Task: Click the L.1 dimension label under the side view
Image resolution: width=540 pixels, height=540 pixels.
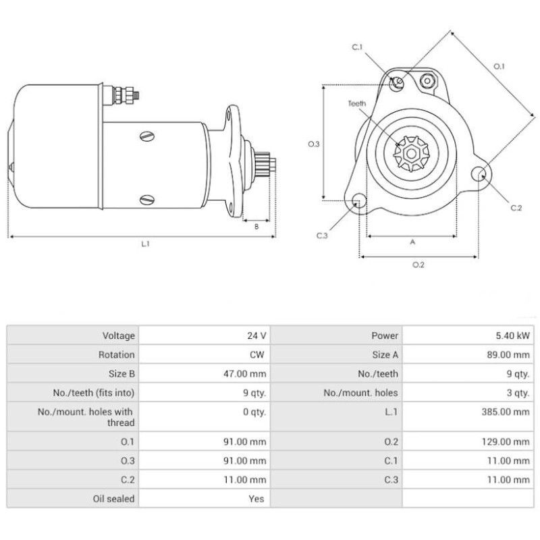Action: [x=145, y=244]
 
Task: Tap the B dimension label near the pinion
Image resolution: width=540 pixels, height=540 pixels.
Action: [x=256, y=227]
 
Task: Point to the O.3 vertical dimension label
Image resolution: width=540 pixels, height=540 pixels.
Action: [x=313, y=144]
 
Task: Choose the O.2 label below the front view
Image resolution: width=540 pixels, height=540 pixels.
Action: [x=418, y=264]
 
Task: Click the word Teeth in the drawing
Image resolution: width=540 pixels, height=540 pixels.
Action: [x=357, y=103]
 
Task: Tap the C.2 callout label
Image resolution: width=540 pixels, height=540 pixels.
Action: [x=516, y=209]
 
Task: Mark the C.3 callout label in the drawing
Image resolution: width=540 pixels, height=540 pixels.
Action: [x=322, y=236]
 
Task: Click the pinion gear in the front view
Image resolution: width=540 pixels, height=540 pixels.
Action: [x=410, y=153]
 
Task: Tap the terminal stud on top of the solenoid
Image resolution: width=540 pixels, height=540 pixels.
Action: [x=124, y=94]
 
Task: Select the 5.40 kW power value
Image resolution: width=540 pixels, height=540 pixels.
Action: [x=515, y=335]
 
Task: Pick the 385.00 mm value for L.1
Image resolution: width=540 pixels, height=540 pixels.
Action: [x=508, y=412]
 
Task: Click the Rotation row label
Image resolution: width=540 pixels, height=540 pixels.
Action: [x=117, y=354]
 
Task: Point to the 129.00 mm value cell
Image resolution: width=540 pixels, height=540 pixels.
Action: [x=508, y=442]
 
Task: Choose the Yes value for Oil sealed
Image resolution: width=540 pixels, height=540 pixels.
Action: [x=256, y=499]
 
